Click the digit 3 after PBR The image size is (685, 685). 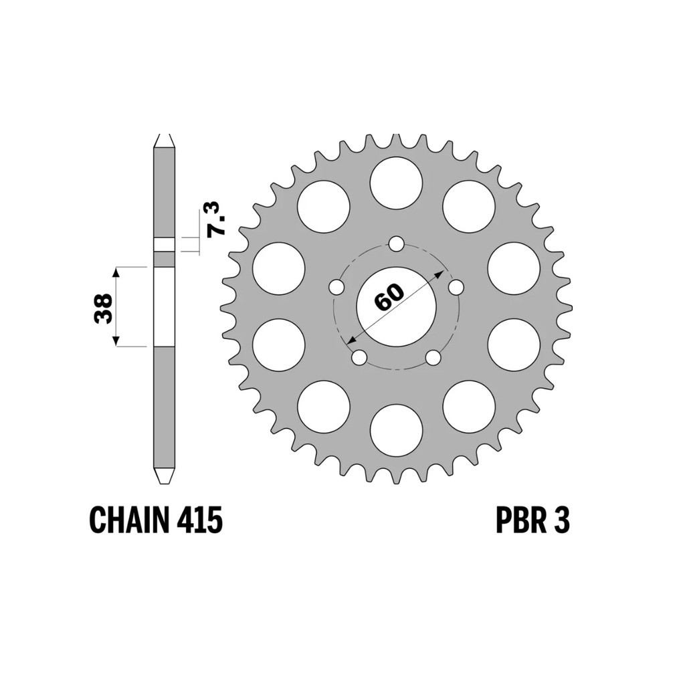[561, 520]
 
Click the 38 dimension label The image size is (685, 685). [104, 308]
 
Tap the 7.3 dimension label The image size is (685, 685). [216, 219]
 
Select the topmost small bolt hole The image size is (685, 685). [396, 243]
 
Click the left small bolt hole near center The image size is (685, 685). [336, 288]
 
